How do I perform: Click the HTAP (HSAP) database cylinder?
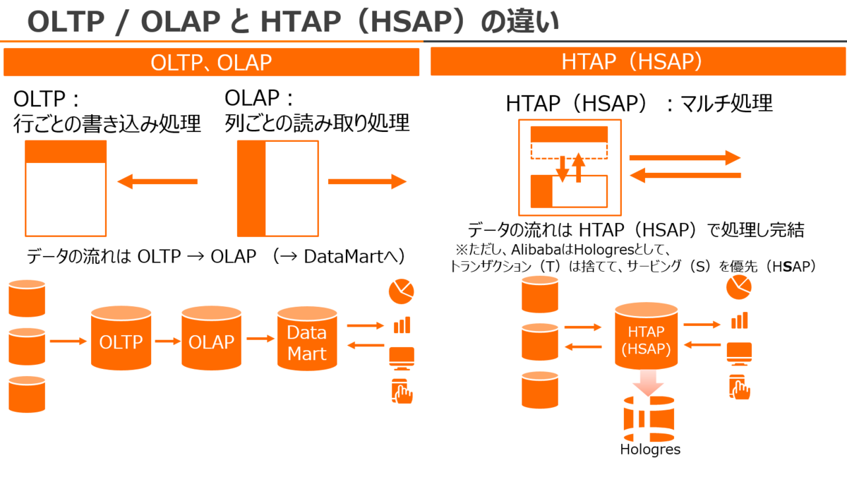[x=645, y=337]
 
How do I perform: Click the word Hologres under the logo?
[x=650, y=449]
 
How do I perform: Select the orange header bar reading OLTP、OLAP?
[x=211, y=63]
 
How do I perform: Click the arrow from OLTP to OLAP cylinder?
[x=167, y=341]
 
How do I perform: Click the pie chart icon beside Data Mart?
[x=401, y=291]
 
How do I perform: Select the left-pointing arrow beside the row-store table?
[x=157, y=182]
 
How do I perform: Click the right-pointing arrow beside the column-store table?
[x=367, y=182]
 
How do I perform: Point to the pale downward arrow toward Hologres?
[x=647, y=383]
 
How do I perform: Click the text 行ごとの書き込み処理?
[x=107, y=123]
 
